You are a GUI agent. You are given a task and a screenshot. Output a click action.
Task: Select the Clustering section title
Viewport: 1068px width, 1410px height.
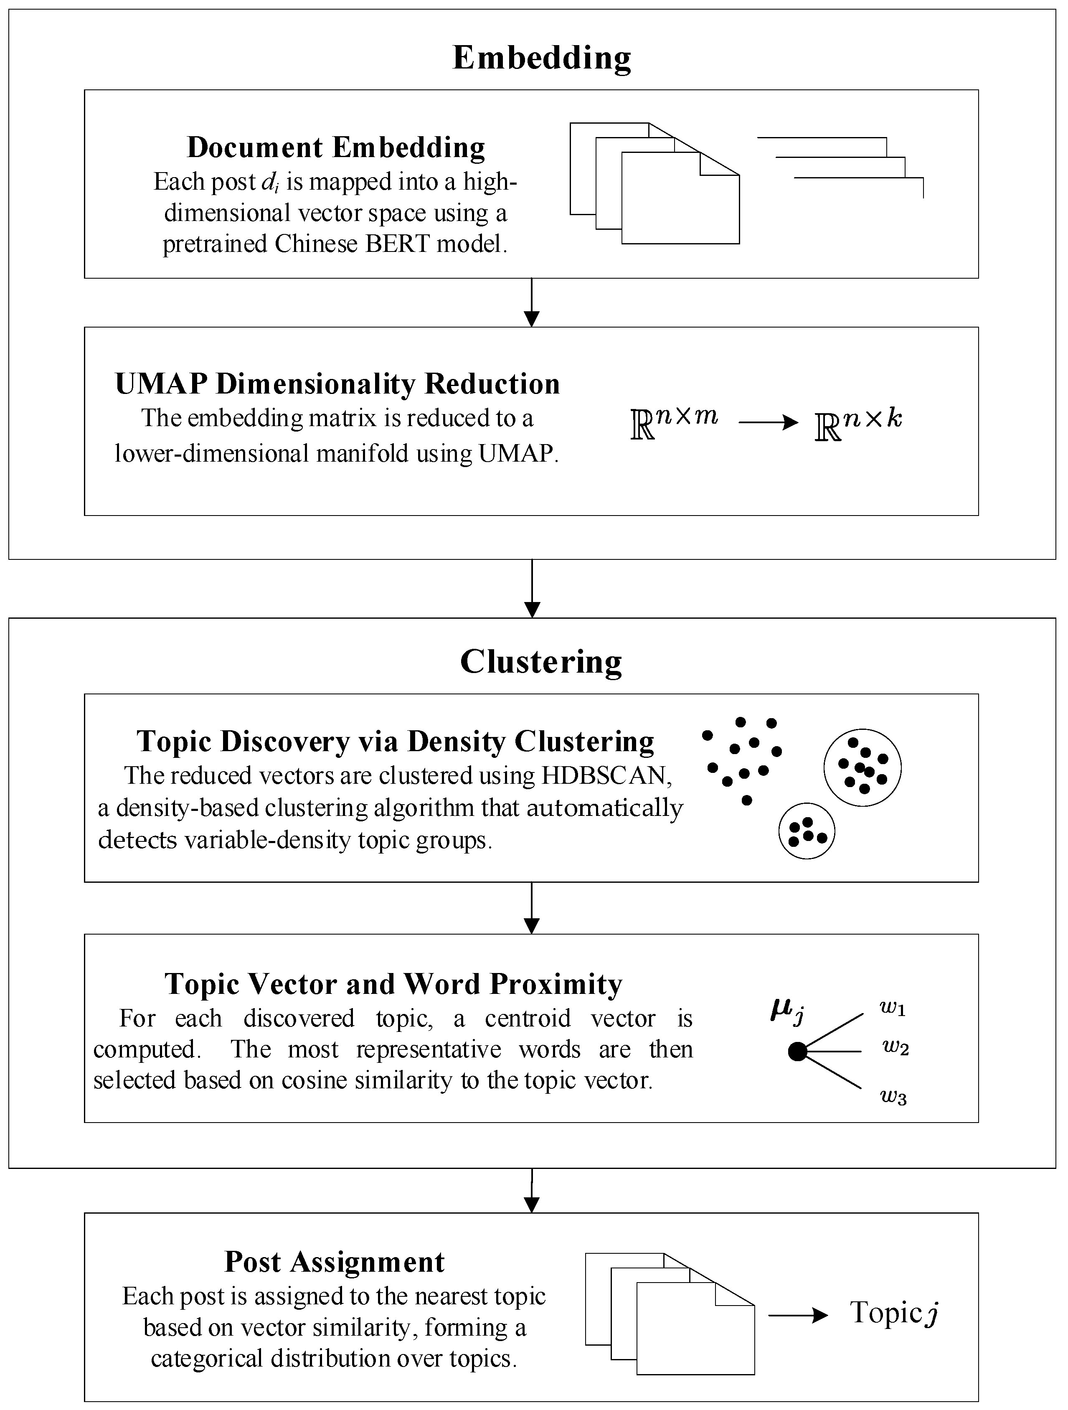(541, 662)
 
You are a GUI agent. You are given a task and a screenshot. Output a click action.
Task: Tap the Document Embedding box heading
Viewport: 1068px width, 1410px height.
(336, 147)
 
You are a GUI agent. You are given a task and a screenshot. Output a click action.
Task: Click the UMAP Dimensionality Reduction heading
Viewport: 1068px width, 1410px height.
(337, 384)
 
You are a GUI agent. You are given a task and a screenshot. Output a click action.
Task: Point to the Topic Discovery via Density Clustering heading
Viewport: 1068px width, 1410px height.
(395, 741)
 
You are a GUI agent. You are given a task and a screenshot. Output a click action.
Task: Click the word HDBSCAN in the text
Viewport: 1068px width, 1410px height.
(604, 776)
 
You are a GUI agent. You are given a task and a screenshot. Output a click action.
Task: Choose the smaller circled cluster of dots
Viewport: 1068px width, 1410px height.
(807, 831)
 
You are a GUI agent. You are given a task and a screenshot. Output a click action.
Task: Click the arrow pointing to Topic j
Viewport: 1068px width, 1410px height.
(798, 1316)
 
